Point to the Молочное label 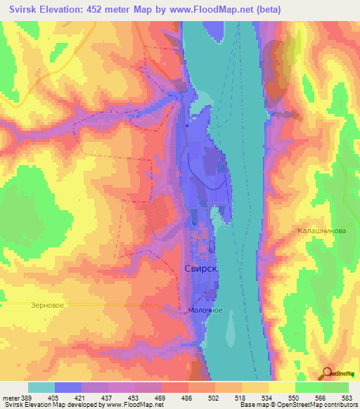[206, 310]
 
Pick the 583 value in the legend [348, 398]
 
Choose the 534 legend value [268, 398]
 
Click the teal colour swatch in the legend [41, 388]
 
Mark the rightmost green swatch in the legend [335, 388]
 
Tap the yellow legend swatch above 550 [282, 388]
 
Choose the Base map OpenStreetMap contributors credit [298, 405]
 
